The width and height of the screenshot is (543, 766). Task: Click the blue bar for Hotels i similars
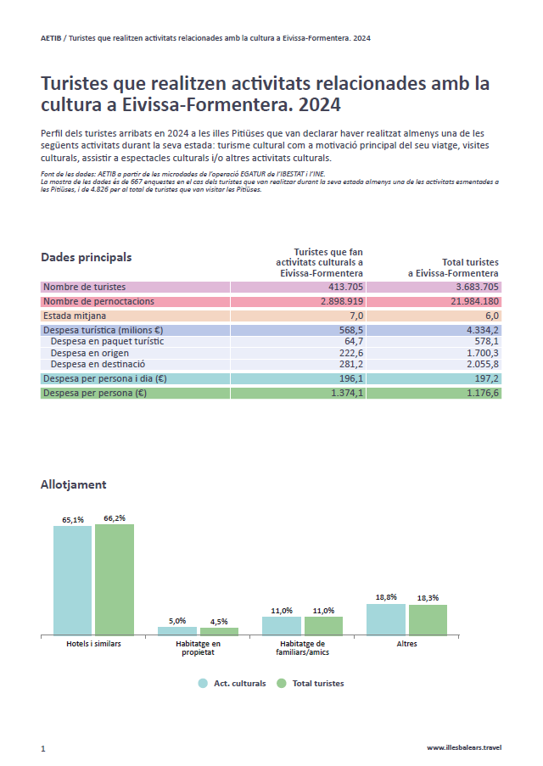72,580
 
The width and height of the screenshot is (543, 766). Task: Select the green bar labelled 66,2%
115,579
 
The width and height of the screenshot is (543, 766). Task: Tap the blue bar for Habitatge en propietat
176,630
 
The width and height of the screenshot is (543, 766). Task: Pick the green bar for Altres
428,619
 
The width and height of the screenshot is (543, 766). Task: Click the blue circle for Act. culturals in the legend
203,683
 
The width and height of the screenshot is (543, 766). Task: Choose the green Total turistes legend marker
281,683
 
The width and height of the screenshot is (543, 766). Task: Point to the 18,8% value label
385,597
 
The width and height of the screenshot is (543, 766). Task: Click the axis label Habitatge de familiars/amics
281,649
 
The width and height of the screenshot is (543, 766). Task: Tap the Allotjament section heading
73,484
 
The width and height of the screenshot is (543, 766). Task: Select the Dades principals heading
86,257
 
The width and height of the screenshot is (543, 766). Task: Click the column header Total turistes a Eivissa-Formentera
453,267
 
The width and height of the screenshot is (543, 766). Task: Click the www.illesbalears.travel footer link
464,747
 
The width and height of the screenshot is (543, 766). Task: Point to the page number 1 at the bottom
42,748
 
